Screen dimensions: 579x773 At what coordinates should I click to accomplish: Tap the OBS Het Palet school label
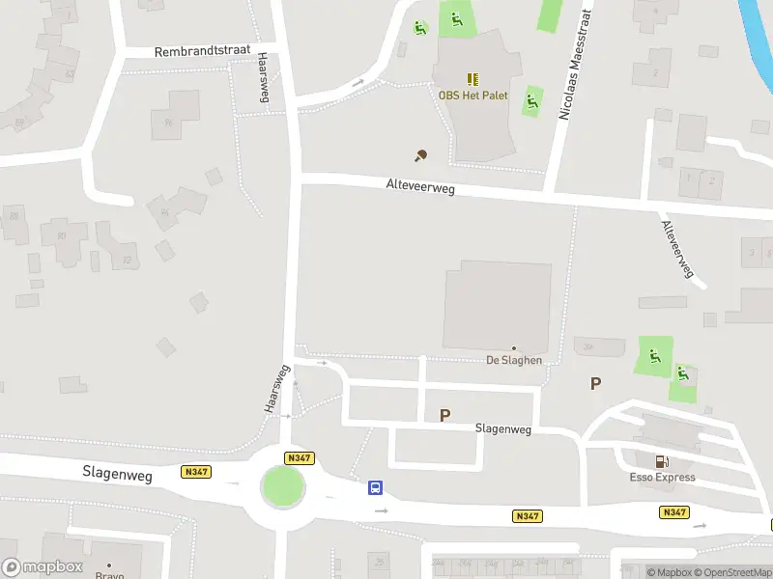click(x=473, y=95)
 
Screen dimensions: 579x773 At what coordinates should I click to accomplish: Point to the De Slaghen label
click(x=513, y=360)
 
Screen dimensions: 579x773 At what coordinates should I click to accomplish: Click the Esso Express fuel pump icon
click(x=661, y=462)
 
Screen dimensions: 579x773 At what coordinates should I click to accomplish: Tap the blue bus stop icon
click(x=375, y=488)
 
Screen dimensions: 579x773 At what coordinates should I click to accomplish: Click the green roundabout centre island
click(x=283, y=486)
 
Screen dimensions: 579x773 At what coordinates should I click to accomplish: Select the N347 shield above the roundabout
click(x=299, y=457)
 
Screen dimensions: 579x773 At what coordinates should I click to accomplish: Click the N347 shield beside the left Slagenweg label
click(x=196, y=471)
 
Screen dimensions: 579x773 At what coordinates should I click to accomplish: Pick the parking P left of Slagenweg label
click(x=444, y=415)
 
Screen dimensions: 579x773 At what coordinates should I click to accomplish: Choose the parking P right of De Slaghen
click(x=595, y=383)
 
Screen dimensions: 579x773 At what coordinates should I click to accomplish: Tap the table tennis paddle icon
click(x=420, y=155)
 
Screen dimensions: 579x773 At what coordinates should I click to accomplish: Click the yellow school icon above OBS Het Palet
click(x=472, y=79)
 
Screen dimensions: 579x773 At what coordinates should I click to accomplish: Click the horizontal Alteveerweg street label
click(x=419, y=188)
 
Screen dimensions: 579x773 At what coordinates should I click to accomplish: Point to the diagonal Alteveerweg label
click(x=678, y=249)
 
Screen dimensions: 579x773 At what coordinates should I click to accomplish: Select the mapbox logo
click(x=42, y=567)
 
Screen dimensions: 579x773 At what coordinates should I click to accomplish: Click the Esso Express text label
click(x=661, y=478)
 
